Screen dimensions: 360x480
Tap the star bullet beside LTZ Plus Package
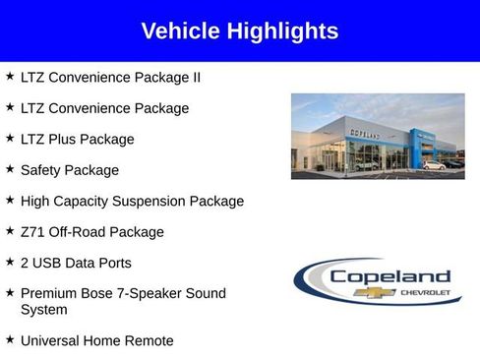point(10,138)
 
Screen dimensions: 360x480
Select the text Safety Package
point(69,170)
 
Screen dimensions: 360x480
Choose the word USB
point(47,264)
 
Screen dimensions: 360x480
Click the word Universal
point(51,340)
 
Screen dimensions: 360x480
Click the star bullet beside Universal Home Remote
point(10,339)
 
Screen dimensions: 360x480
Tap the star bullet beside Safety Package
point(10,169)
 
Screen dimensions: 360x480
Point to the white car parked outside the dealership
point(433,164)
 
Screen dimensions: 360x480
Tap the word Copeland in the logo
point(390,276)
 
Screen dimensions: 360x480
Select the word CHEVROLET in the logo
point(424,292)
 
